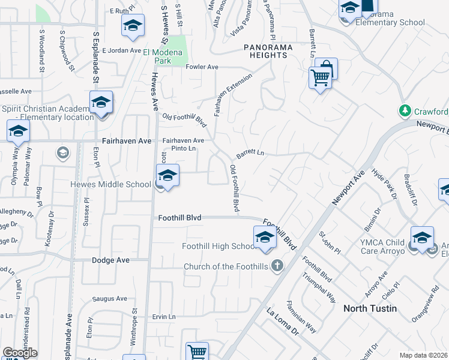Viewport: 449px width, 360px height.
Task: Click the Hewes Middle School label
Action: [x=111, y=184]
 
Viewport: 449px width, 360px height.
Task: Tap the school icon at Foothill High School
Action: [x=265, y=237]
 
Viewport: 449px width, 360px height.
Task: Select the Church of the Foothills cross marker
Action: [x=277, y=265]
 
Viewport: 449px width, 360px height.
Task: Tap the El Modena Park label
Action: [x=166, y=52]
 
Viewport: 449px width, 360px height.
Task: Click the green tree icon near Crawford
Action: [x=405, y=111]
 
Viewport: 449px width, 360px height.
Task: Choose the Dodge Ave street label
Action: [x=110, y=260]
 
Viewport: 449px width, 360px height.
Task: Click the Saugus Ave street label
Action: [x=109, y=299]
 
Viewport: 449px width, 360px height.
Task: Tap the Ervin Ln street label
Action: [x=163, y=317]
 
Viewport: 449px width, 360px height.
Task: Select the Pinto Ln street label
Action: [x=184, y=148]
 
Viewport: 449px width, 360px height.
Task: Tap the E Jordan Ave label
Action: [x=121, y=50]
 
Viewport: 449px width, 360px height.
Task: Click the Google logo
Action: [x=20, y=353]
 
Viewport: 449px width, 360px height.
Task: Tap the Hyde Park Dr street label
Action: [x=384, y=184]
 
